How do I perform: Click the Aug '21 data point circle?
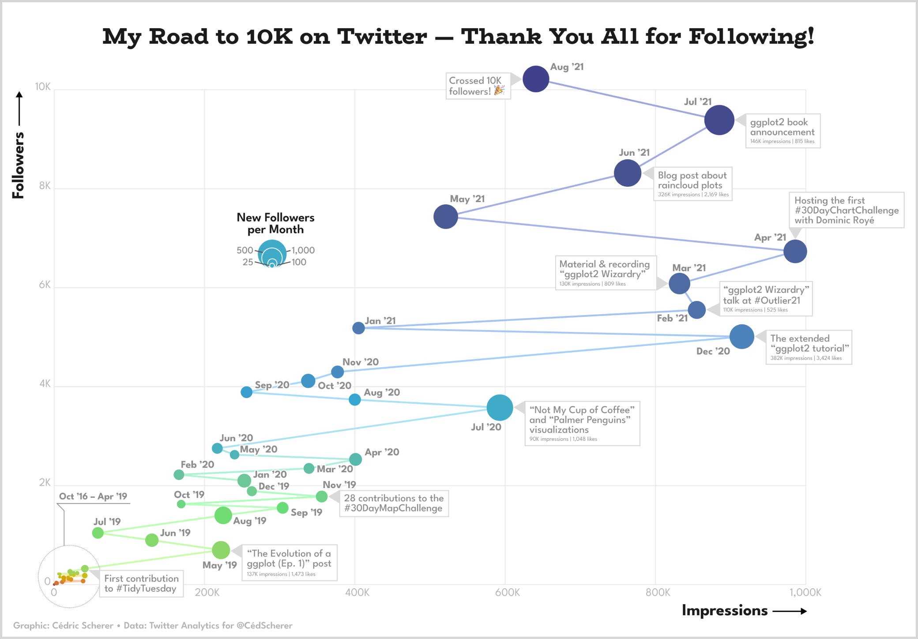pos(535,79)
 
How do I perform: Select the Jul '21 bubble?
pos(719,120)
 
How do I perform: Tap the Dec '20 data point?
pos(741,337)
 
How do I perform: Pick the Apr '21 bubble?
pos(795,252)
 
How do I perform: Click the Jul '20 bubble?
pos(500,408)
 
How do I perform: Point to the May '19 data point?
pos(221,550)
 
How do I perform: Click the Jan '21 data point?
pos(358,328)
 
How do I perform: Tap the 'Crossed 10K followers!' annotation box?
pos(478,86)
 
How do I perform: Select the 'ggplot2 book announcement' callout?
pos(783,131)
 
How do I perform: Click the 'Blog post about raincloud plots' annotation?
pos(692,184)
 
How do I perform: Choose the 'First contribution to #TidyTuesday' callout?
pos(141,583)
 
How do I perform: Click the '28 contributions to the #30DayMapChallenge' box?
pos(394,503)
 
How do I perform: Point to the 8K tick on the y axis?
pos(45,186)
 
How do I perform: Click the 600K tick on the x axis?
pos(507,592)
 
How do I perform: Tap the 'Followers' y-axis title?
pos(18,165)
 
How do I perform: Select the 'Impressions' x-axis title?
pos(725,610)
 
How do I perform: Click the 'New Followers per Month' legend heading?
pos(275,223)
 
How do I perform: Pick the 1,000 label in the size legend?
pos(303,250)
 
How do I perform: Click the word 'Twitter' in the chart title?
pos(382,37)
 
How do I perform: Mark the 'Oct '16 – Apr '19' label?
pos(93,496)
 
